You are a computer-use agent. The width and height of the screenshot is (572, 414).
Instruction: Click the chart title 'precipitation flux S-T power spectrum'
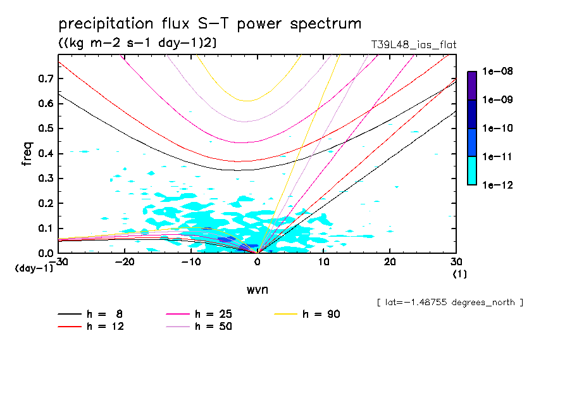[210, 25]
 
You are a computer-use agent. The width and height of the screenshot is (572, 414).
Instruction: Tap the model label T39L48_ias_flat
[414, 45]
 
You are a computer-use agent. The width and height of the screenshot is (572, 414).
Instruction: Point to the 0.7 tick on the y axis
[45, 78]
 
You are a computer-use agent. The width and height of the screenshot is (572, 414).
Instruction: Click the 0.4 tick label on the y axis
[45, 154]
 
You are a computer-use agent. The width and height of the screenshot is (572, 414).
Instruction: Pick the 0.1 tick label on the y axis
[45, 229]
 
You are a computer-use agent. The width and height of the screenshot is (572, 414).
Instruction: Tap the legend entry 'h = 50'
[214, 327]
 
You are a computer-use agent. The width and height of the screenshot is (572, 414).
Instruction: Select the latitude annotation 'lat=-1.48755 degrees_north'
[449, 302]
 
